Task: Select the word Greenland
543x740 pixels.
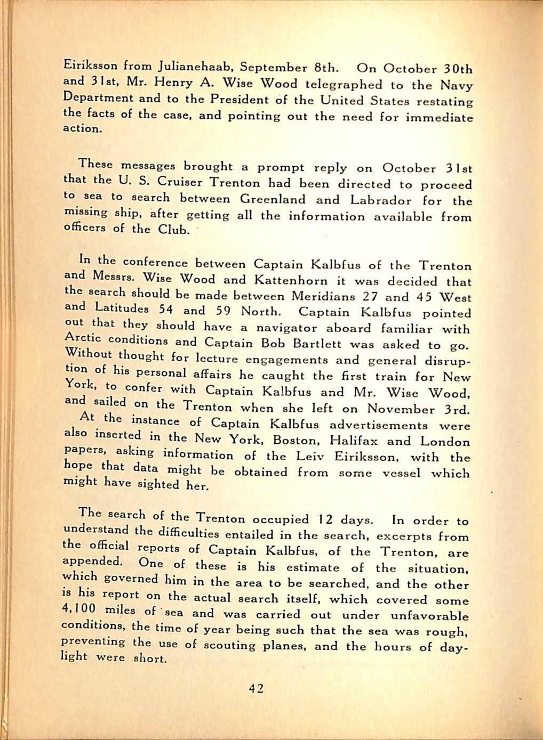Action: (x=273, y=199)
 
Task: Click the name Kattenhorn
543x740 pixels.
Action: (x=291, y=279)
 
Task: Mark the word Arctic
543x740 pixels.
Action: (x=82, y=338)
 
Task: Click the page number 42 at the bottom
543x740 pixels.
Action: (x=256, y=688)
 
